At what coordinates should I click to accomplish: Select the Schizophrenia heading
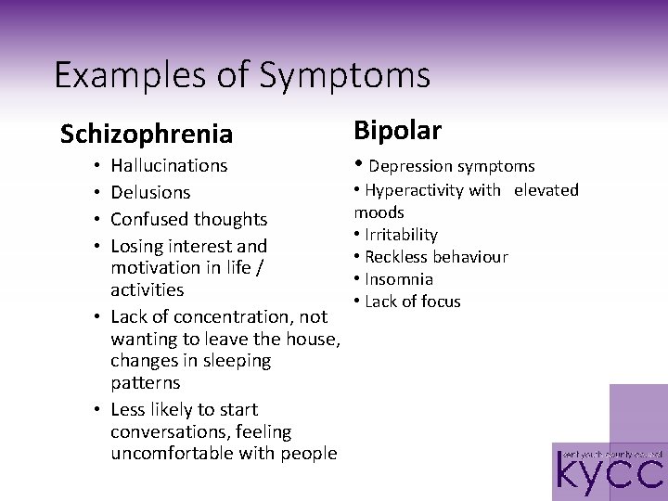click(x=146, y=135)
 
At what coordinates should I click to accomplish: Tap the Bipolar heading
click(x=398, y=130)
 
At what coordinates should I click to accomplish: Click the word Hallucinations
click(x=169, y=166)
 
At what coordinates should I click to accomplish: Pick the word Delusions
click(x=150, y=193)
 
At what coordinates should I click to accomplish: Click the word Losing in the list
click(x=135, y=246)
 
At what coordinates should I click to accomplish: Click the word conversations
click(x=168, y=431)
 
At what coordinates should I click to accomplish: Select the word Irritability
click(x=401, y=236)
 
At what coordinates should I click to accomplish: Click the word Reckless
click(x=396, y=257)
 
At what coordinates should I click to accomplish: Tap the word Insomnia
click(x=399, y=279)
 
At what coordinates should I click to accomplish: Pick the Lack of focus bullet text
click(x=413, y=302)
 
